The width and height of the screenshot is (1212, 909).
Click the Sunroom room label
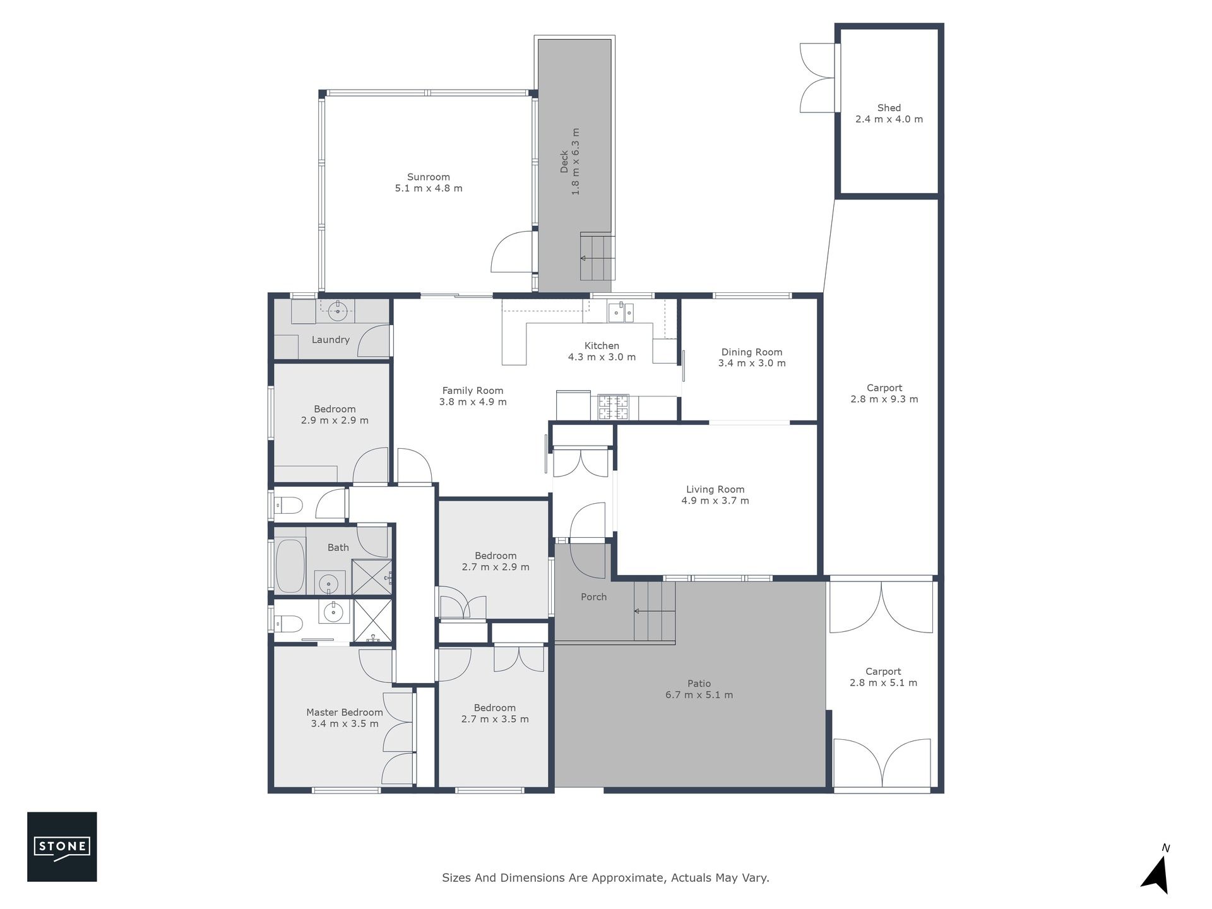click(x=429, y=177)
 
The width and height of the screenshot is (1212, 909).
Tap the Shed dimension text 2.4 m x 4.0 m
click(x=889, y=119)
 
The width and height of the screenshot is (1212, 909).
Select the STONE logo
click(x=62, y=847)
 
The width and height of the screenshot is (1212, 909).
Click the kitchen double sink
click(x=621, y=312)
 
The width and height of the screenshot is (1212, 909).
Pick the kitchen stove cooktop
click(x=614, y=407)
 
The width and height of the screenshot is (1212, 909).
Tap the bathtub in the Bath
click(x=290, y=566)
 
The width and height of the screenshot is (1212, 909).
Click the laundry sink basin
click(x=338, y=309)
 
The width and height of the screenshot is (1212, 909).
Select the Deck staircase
click(x=597, y=257)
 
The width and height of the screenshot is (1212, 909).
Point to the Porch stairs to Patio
click(x=655, y=610)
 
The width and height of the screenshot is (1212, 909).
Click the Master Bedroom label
click(x=345, y=713)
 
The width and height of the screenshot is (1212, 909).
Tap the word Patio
click(x=699, y=684)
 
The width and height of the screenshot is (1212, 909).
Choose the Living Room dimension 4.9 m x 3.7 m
click(x=715, y=501)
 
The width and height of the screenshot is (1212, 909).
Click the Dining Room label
click(x=752, y=352)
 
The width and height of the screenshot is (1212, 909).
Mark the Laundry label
click(x=331, y=340)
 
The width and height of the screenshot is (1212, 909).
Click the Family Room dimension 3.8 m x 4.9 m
click(x=473, y=401)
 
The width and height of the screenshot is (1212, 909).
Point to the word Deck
click(x=564, y=161)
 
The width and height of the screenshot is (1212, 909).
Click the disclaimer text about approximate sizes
click(x=605, y=877)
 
